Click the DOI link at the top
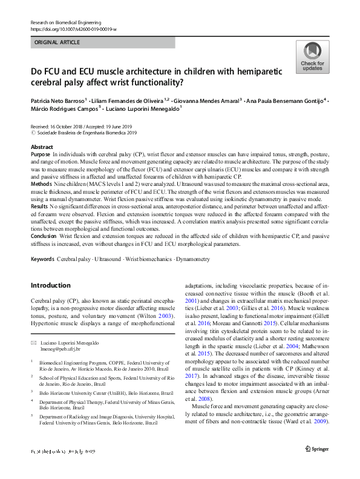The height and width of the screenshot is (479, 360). point(73,29)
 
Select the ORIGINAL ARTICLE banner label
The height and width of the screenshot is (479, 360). point(57,43)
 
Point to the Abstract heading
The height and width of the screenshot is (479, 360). point(42,147)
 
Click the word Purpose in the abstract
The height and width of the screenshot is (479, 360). point(41,155)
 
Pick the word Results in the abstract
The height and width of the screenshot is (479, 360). point(40,207)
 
